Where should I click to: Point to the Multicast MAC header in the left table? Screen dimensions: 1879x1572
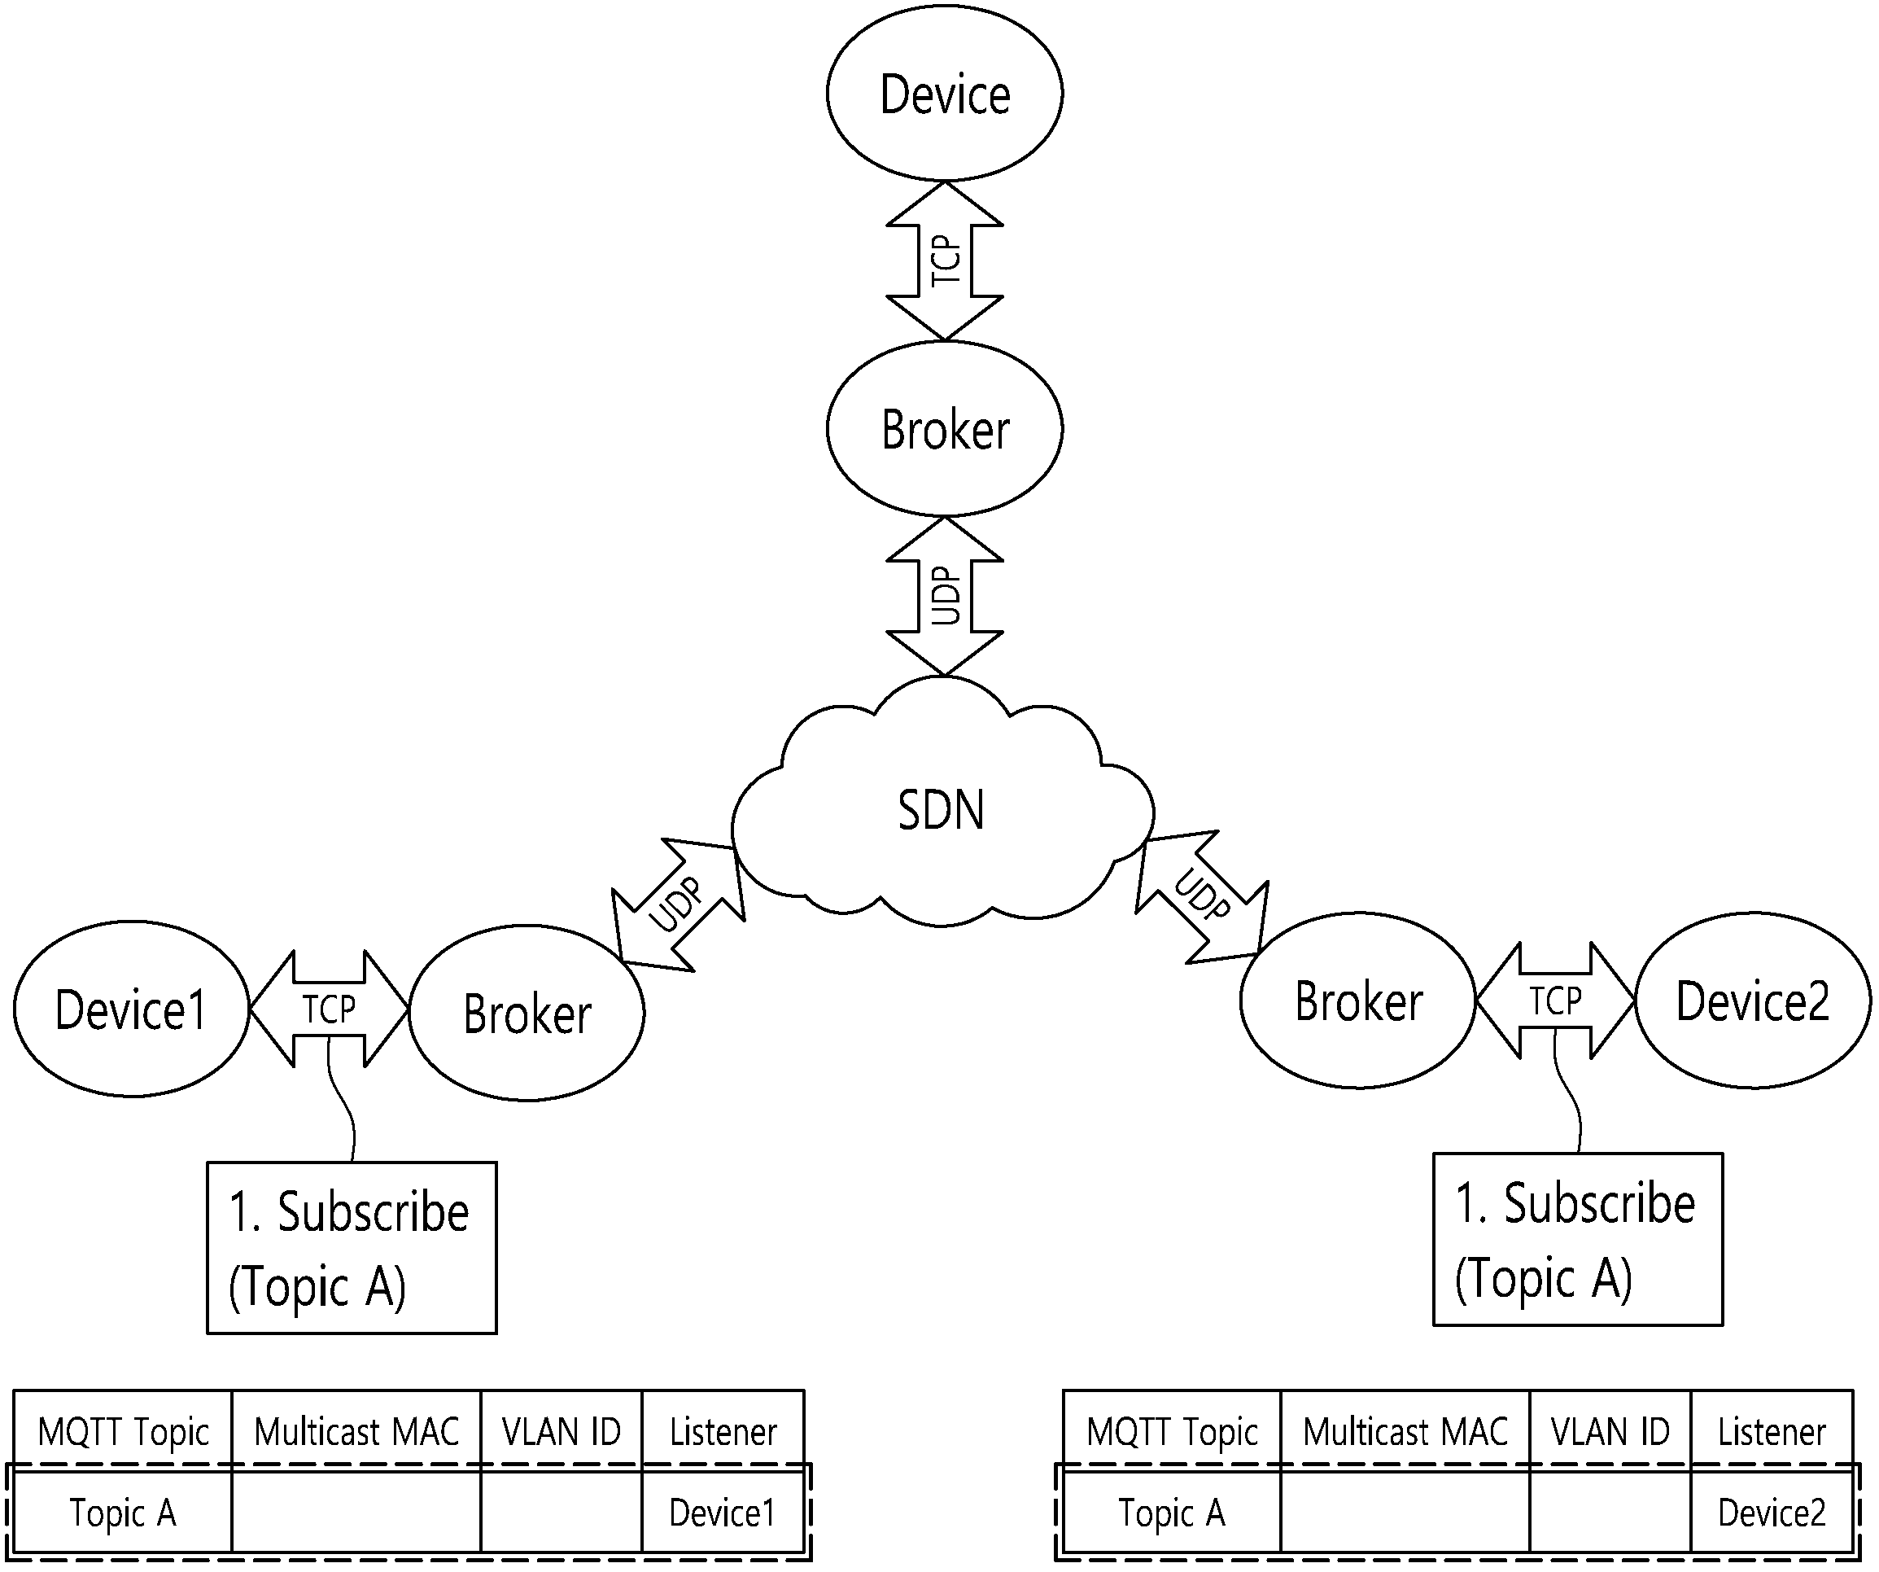tap(356, 1431)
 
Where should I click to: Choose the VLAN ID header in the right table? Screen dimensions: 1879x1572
tap(1610, 1431)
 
